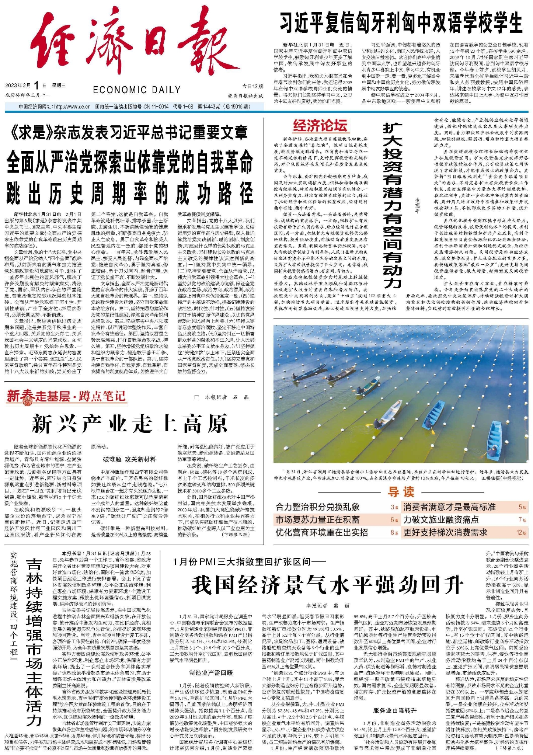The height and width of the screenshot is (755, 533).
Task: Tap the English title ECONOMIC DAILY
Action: coord(136,90)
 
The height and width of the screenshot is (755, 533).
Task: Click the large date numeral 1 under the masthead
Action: coord(36,86)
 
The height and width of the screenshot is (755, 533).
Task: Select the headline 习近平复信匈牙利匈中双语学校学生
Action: coord(401,23)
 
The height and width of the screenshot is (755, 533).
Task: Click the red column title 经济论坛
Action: coord(320,126)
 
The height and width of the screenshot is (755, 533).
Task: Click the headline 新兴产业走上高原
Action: coord(130,424)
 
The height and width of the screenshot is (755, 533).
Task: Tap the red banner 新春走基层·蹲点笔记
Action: coord(66,397)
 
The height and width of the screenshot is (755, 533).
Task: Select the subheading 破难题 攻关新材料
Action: coord(129,459)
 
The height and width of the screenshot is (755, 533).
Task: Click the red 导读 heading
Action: coord(401,492)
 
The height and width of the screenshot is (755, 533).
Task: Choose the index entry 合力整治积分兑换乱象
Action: coord(317,507)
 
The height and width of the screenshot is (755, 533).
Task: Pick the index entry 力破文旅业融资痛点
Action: coord(441,520)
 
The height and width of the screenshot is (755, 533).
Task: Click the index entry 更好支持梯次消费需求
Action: coord(445,532)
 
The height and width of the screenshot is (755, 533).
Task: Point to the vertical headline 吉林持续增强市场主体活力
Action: coord(34,641)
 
